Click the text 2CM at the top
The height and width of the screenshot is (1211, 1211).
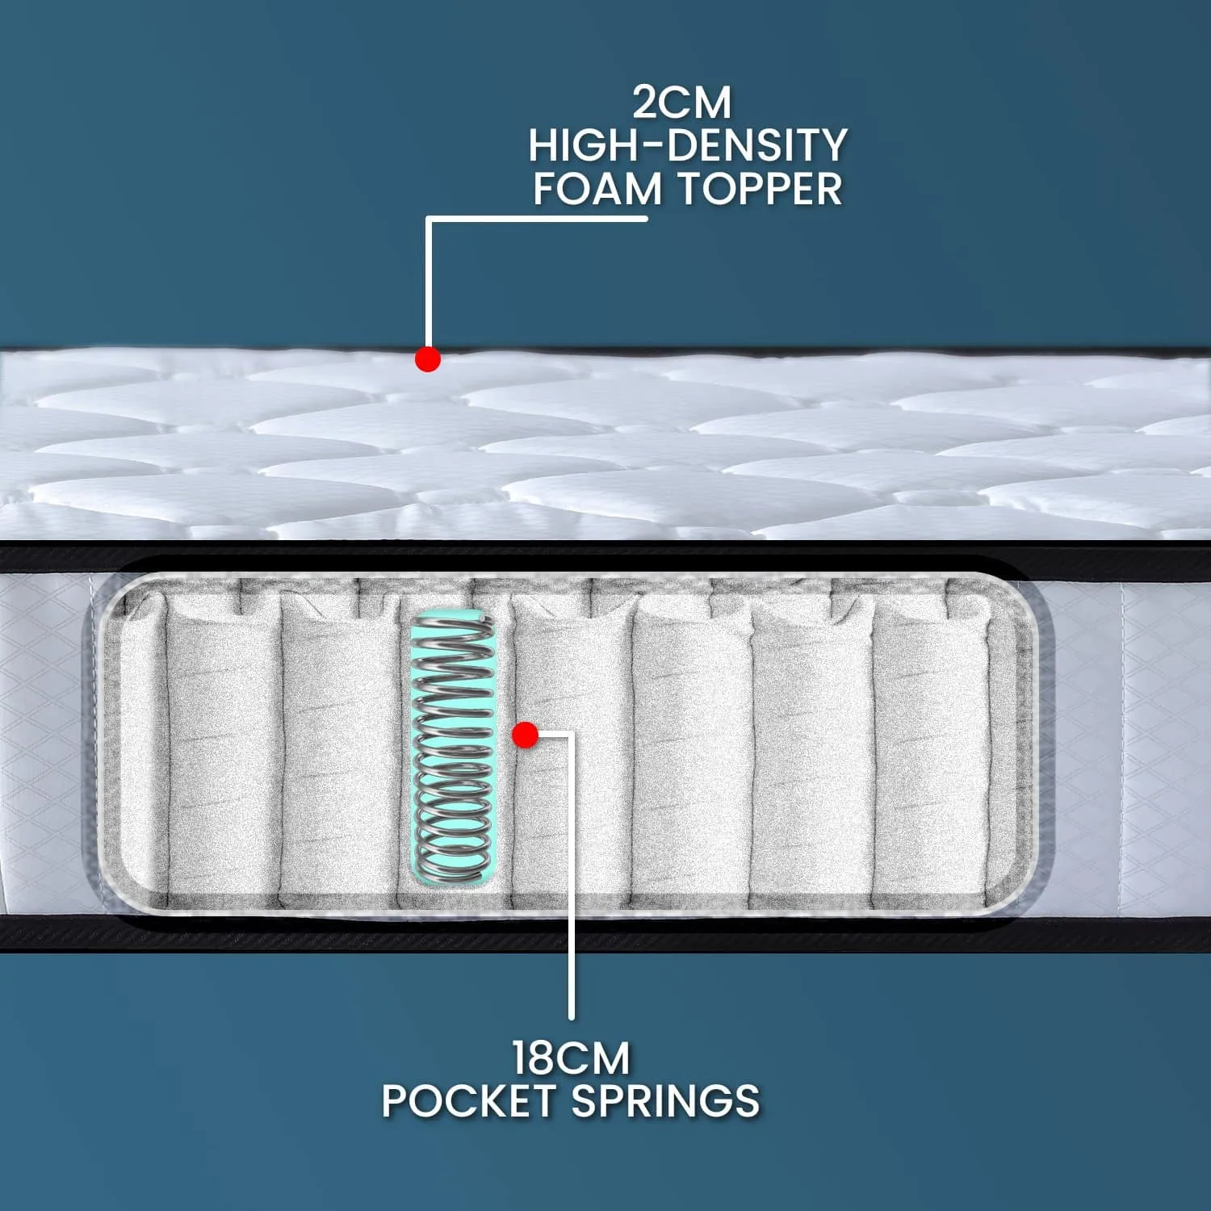681,103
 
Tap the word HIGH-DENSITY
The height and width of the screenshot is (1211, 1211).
687,145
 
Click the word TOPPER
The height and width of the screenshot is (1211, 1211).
760,189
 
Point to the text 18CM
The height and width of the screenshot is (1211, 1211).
571,1058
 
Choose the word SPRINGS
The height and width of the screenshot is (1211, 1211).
666,1100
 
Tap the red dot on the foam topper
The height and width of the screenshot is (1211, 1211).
428,359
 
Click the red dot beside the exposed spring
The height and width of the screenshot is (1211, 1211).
526,735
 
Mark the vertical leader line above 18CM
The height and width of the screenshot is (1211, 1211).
572,876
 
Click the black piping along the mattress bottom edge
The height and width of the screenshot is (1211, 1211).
605,933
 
